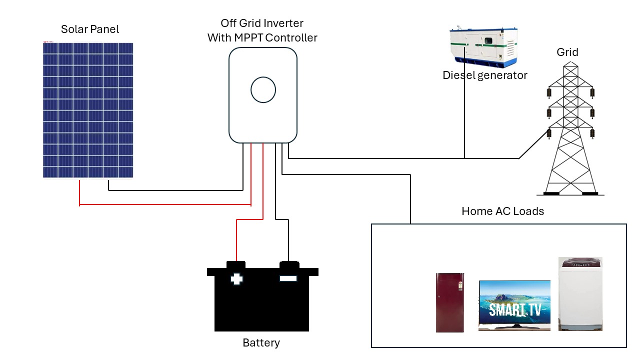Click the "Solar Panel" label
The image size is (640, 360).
click(90, 29)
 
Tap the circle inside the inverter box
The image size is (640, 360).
click(263, 90)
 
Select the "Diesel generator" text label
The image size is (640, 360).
click(484, 75)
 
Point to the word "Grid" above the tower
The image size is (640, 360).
click(567, 52)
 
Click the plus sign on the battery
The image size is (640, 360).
click(236, 278)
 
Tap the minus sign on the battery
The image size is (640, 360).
click(288, 278)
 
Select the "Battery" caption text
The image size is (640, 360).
click(261, 343)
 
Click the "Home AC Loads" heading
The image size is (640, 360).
click(502, 211)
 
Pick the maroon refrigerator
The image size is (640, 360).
click(450, 302)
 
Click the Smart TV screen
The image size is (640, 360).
click(514, 303)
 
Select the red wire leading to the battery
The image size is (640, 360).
click(237, 240)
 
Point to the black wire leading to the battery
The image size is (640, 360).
click(288, 240)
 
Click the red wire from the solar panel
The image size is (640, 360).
click(165, 204)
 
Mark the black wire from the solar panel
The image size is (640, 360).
click(175, 190)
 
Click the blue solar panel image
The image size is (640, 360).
click(88, 110)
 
